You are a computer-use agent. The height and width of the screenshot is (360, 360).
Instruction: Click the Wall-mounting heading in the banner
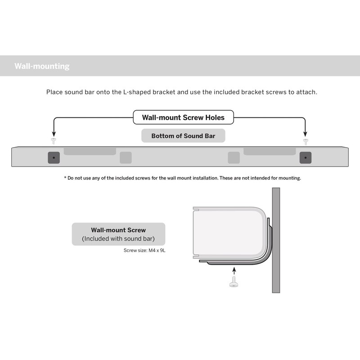tap(42, 66)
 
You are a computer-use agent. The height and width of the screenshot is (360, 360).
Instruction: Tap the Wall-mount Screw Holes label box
tap(183, 118)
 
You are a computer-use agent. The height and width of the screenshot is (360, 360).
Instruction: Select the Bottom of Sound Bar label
tap(183, 135)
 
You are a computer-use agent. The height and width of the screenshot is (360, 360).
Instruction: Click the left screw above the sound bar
tap(54, 141)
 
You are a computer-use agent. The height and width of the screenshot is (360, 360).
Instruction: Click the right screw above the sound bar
tap(306, 141)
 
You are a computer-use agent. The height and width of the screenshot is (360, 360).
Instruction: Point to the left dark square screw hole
tap(54, 157)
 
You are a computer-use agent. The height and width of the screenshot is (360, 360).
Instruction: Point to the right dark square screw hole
tap(306, 157)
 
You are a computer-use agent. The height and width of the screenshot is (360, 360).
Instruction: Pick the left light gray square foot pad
tap(126, 157)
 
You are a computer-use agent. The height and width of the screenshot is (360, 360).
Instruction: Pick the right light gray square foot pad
tap(234, 157)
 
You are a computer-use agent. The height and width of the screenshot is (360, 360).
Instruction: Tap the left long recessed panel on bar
tap(90, 151)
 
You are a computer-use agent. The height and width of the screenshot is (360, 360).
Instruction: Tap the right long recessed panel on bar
tap(270, 151)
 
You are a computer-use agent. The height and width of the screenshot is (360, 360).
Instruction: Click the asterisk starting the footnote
tap(65, 178)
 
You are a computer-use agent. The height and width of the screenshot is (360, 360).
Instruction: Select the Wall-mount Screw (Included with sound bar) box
tap(118, 234)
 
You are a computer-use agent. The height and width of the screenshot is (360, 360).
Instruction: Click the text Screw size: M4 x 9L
tap(144, 250)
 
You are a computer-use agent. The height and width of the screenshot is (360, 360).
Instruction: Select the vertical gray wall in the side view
tap(276, 240)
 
